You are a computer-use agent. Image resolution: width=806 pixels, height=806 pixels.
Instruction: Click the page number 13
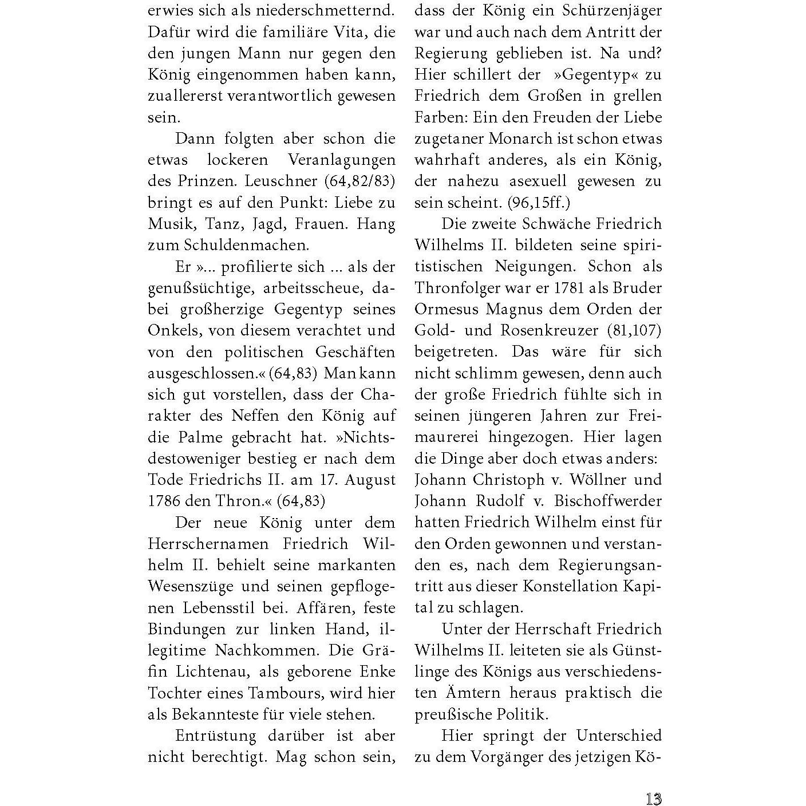click(x=653, y=799)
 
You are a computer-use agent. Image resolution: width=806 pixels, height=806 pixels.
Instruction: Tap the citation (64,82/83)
click(x=360, y=181)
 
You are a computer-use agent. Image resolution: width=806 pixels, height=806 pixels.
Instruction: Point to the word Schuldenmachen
click(x=246, y=245)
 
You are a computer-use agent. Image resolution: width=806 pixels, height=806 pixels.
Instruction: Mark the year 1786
click(x=164, y=501)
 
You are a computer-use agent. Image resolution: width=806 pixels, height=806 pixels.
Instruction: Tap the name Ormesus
click(x=447, y=309)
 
